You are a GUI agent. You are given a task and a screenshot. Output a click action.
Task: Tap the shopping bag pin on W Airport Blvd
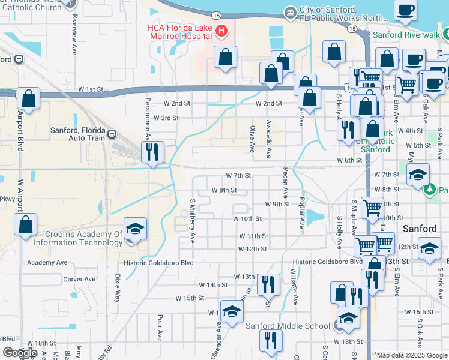25,226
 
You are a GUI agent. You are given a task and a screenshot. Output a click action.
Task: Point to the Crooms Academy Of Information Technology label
78,238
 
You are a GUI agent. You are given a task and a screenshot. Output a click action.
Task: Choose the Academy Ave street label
47,262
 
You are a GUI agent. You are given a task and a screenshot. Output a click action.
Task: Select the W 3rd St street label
166,118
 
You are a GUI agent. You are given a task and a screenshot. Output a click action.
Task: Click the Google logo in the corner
20,353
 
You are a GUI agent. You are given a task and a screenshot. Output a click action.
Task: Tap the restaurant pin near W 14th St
268,283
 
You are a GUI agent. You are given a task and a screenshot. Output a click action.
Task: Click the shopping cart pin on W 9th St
373,208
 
